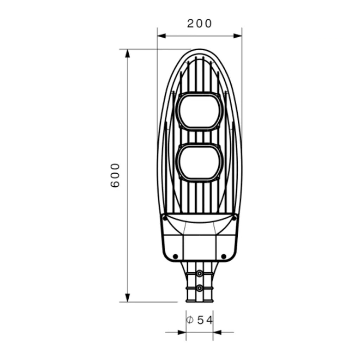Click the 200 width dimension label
click(199, 24)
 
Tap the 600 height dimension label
click(115, 175)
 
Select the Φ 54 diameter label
click(199, 320)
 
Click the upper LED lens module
click(200, 111)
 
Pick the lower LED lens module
click(200, 162)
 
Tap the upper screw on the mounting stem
click(200, 274)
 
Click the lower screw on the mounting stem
click(200, 288)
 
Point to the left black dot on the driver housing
click(175, 256)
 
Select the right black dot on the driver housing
click(224, 256)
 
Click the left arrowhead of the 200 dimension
click(161, 36)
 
